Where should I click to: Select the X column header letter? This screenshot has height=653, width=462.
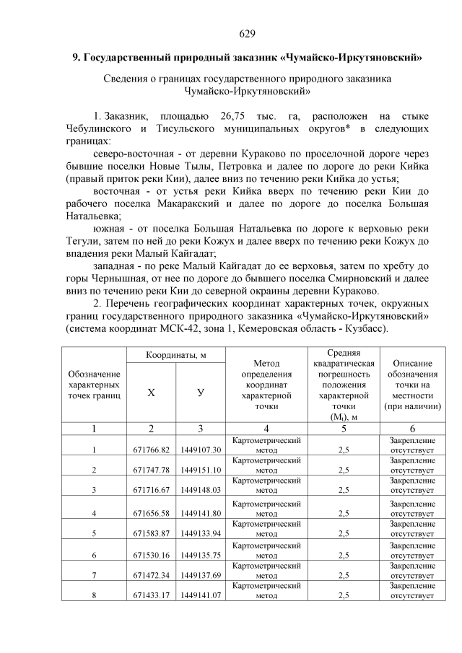tap(151, 393)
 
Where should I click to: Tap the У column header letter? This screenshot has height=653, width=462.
tap(201, 393)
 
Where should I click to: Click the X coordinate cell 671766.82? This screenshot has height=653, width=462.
tap(151, 450)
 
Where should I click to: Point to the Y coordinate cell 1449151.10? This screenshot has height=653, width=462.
tap(201, 470)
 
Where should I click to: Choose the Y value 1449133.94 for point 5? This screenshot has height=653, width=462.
tap(201, 534)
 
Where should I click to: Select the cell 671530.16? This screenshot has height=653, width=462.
tap(151, 555)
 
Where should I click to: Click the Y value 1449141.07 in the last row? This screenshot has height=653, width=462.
tap(201, 596)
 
